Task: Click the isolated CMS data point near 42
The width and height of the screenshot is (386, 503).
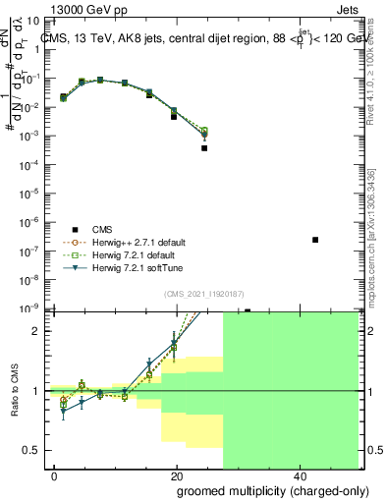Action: pyautogui.click(x=315, y=240)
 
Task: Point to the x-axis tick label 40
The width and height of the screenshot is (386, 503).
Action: pyautogui.click(x=299, y=475)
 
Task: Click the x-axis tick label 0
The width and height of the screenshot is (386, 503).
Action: pyautogui.click(x=55, y=475)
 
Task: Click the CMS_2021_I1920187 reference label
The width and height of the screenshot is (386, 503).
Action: pyautogui.click(x=204, y=294)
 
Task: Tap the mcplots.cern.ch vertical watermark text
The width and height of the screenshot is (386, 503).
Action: pyautogui.click(x=371, y=236)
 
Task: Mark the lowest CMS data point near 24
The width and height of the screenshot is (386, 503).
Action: pyautogui.click(x=204, y=148)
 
